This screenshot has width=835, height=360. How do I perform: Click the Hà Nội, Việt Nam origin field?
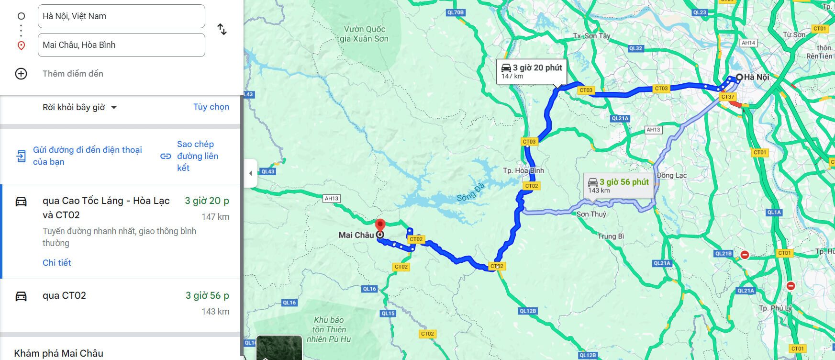121,16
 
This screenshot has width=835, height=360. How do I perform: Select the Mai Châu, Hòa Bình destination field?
121,45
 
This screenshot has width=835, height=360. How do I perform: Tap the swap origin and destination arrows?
222,30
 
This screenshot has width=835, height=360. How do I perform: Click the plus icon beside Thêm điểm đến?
21,74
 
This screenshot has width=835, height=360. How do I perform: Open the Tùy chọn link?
211,107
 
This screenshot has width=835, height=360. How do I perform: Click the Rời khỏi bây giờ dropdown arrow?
114,107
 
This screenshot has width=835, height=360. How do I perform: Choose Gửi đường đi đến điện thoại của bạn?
87,156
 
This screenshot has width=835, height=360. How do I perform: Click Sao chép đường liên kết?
197,156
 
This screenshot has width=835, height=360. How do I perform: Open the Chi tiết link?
57,262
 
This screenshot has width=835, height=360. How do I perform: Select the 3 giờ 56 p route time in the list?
207,295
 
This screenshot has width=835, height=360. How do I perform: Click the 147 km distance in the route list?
215,216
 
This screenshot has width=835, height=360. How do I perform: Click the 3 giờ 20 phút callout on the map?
532,71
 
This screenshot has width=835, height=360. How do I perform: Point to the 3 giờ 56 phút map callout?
618,185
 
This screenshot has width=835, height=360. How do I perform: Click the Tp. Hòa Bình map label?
523,170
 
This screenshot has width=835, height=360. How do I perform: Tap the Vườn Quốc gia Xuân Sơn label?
364,34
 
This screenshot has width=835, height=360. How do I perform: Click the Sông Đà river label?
470,192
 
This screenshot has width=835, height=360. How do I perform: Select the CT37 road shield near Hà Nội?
727,97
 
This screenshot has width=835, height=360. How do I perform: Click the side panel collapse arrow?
250,173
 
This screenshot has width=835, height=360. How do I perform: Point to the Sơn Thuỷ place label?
591,214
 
